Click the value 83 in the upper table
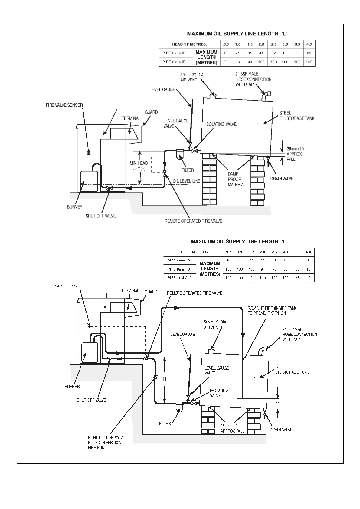309,53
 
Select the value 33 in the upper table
225,62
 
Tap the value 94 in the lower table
263,269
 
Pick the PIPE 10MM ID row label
180,278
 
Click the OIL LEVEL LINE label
186,181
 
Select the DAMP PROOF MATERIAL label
237,179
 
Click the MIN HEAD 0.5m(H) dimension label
139,166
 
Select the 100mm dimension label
279,404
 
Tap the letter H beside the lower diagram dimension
165,379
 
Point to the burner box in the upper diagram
89,181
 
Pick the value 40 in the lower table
309,278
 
